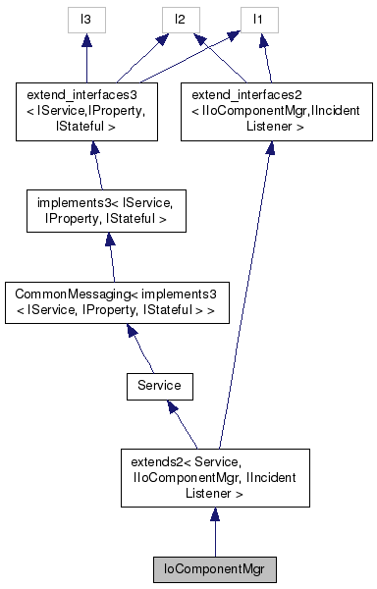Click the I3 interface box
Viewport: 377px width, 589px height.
pyautogui.click(x=86, y=19)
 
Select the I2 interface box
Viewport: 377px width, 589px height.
pyautogui.click(x=181, y=19)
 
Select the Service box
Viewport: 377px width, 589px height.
pyautogui.click(x=158, y=386)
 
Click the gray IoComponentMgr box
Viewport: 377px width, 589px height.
pyautogui.click(x=215, y=567)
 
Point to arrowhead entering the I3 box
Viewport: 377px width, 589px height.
pyautogui.click(x=86, y=39)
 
